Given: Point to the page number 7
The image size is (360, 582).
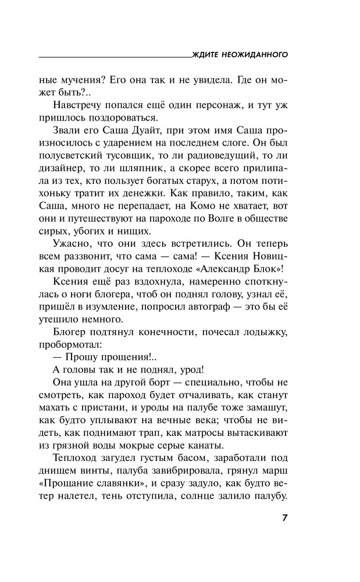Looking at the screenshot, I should [284, 518].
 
